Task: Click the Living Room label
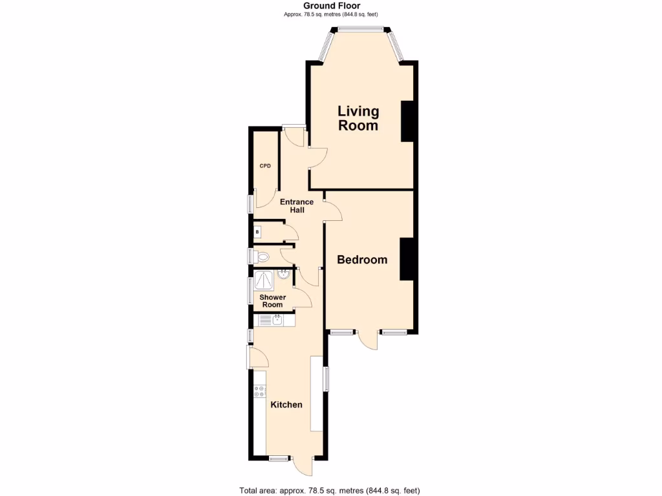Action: point(358,119)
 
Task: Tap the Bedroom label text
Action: point(362,260)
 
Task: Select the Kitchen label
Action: point(286,405)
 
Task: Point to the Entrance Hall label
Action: point(297,206)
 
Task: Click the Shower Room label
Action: point(272,301)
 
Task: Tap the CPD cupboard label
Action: point(265,166)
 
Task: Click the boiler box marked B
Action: point(257,231)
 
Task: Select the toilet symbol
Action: point(261,257)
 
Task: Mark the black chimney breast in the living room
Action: point(408,121)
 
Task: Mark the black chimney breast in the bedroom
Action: point(407,258)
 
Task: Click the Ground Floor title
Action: point(332,6)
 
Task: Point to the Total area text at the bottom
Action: point(334,490)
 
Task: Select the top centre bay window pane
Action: point(359,28)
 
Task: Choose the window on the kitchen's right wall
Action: point(326,378)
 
